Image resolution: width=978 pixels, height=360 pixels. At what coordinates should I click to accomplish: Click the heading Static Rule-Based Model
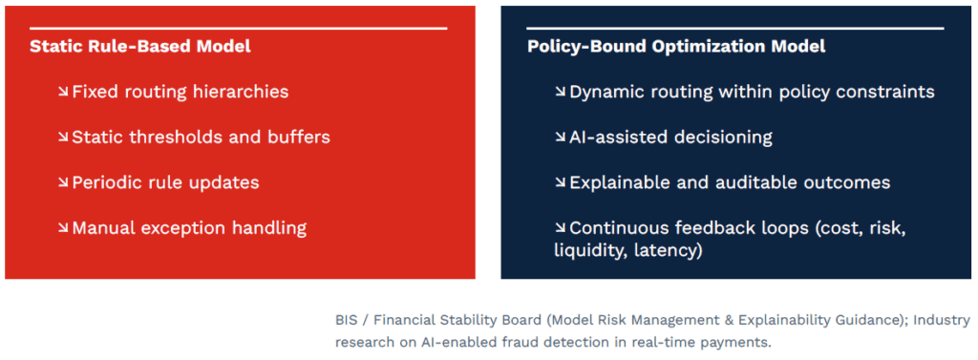pos(140,46)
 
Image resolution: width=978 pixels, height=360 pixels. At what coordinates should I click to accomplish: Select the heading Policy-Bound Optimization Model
pos(676,46)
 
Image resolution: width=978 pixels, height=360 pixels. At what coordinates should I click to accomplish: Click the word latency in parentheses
pos(668,251)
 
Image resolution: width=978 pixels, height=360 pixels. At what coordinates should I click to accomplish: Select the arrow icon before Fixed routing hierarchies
pos(63,93)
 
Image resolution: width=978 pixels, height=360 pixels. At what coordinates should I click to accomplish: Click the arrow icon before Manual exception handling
pos(63,228)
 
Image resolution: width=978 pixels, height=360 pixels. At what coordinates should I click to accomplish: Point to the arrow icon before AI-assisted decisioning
pos(560,138)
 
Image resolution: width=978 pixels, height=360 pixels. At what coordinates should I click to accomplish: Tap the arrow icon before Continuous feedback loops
pos(560,228)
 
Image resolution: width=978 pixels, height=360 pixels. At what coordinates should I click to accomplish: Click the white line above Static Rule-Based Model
pos(238,28)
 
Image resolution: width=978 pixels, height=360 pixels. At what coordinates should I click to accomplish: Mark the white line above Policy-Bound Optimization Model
pos(734,28)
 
